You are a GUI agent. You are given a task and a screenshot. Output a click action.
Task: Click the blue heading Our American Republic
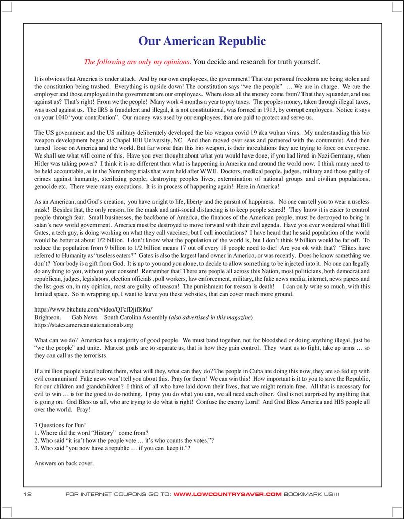[x=202, y=40]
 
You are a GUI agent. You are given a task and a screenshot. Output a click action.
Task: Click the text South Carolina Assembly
[x=135, y=317]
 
